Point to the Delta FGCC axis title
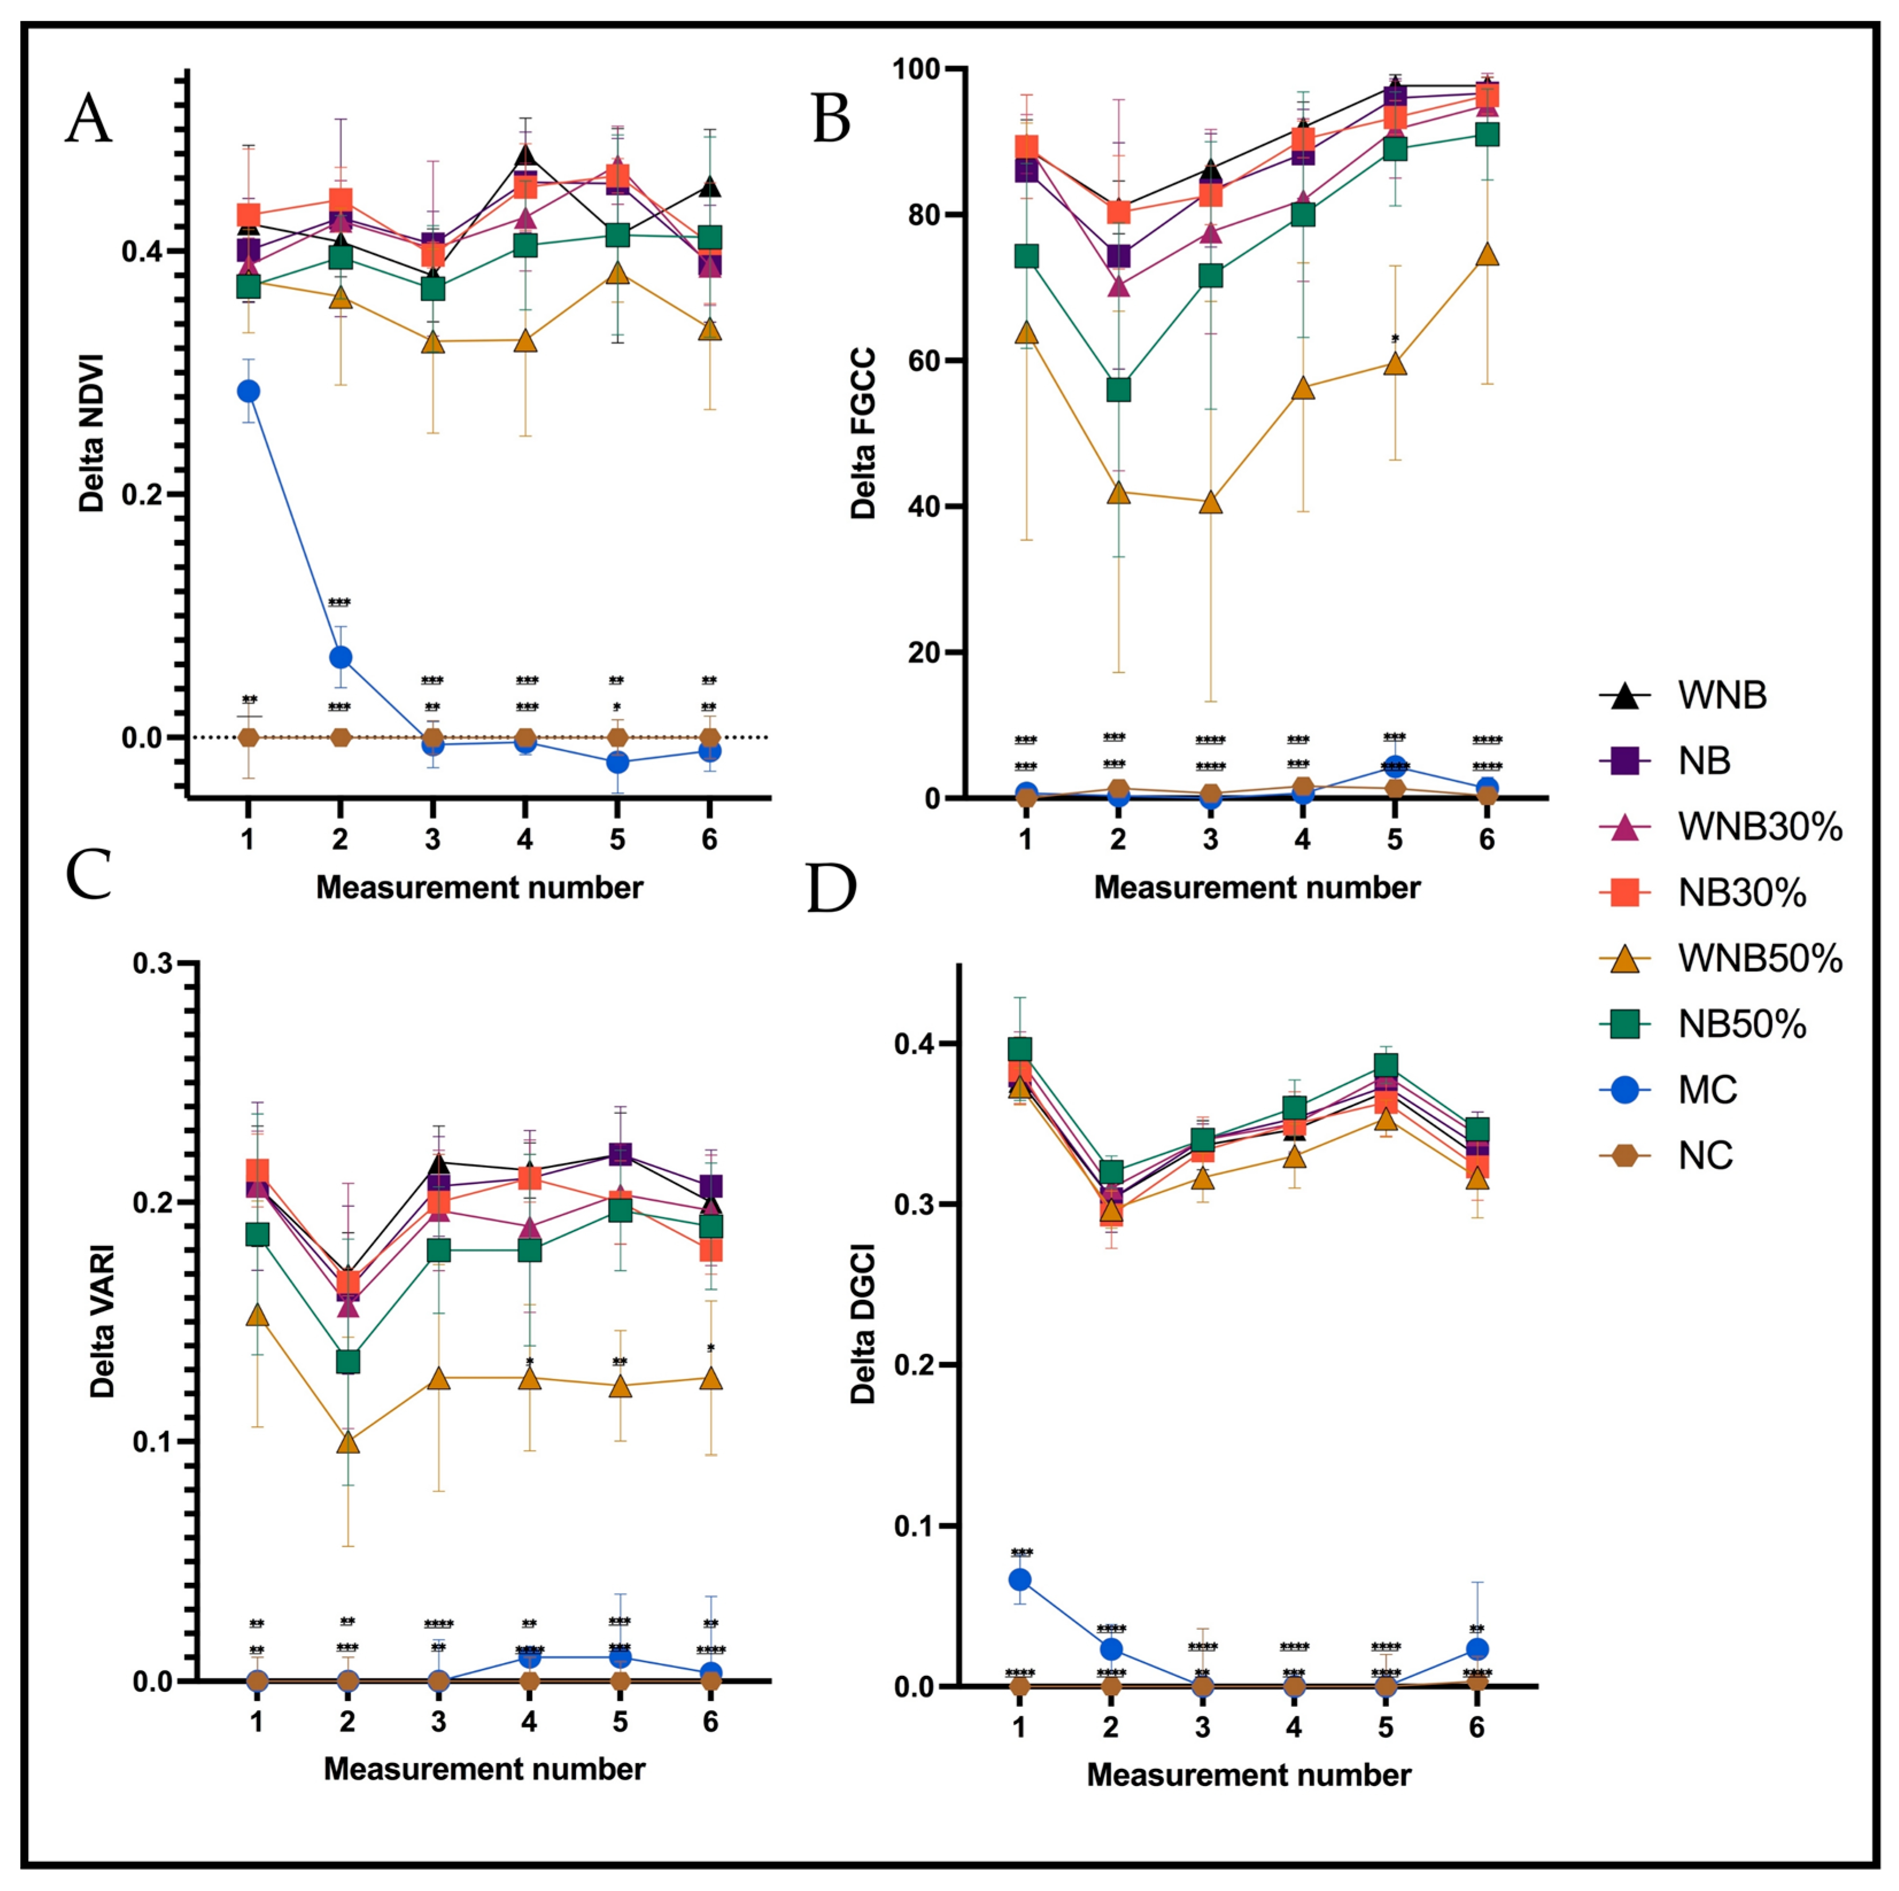[863, 433]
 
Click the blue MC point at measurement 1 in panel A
[249, 391]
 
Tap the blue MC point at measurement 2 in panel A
[340, 657]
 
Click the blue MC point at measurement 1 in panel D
[1020, 1579]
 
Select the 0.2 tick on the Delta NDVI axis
[141, 494]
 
